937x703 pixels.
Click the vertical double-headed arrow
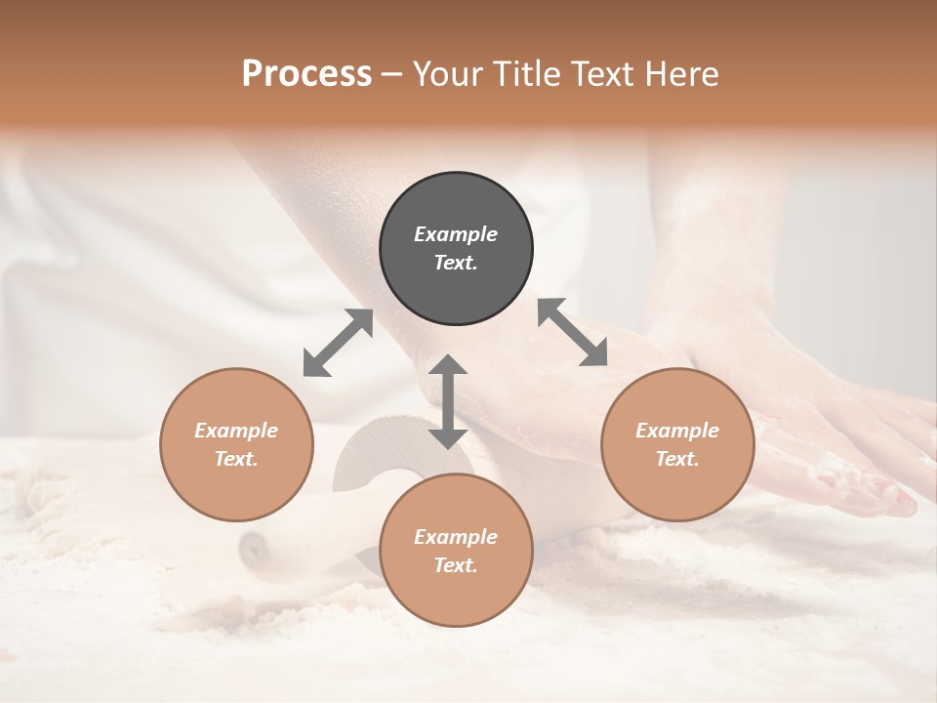(x=448, y=401)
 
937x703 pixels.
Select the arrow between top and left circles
(x=338, y=343)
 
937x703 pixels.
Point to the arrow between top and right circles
(x=572, y=332)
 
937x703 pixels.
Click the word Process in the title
(x=306, y=74)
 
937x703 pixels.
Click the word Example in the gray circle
(x=456, y=234)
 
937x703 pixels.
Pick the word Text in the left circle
(x=236, y=459)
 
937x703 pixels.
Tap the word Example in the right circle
(x=677, y=431)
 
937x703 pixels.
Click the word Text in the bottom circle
(x=456, y=565)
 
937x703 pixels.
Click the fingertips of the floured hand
(x=893, y=501)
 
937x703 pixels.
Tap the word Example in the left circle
(x=236, y=431)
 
